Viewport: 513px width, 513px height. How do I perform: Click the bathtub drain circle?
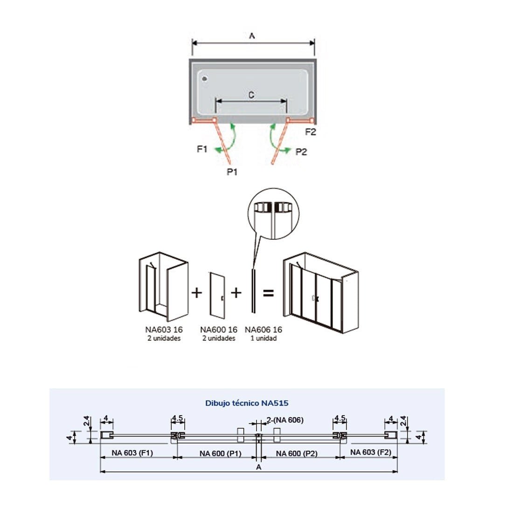tap(203, 79)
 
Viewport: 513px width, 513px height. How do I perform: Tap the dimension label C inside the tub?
tap(251, 95)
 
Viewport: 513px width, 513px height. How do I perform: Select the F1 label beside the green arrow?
tap(202, 149)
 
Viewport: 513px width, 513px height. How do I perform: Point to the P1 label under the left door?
tap(232, 172)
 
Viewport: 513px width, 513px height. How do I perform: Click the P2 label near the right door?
tap(301, 152)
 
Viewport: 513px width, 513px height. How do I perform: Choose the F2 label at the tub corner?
tap(311, 132)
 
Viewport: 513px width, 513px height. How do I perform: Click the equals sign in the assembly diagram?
tap(268, 293)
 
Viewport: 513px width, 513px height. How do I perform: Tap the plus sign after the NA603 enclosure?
tap(197, 292)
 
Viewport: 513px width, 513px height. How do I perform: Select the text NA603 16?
tap(164, 330)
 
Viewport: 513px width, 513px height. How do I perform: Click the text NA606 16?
tap(263, 330)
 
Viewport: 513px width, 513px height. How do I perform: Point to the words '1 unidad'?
tap(263, 338)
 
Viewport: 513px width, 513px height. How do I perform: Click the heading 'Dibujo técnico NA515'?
tap(250, 402)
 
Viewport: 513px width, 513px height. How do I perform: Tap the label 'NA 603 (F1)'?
tap(132, 452)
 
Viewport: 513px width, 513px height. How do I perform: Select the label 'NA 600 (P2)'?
tap(297, 453)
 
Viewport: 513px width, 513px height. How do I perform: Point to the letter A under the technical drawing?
tap(258, 467)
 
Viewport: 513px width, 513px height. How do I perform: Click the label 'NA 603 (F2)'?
tap(371, 452)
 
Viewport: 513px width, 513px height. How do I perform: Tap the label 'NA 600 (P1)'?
tap(220, 453)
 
